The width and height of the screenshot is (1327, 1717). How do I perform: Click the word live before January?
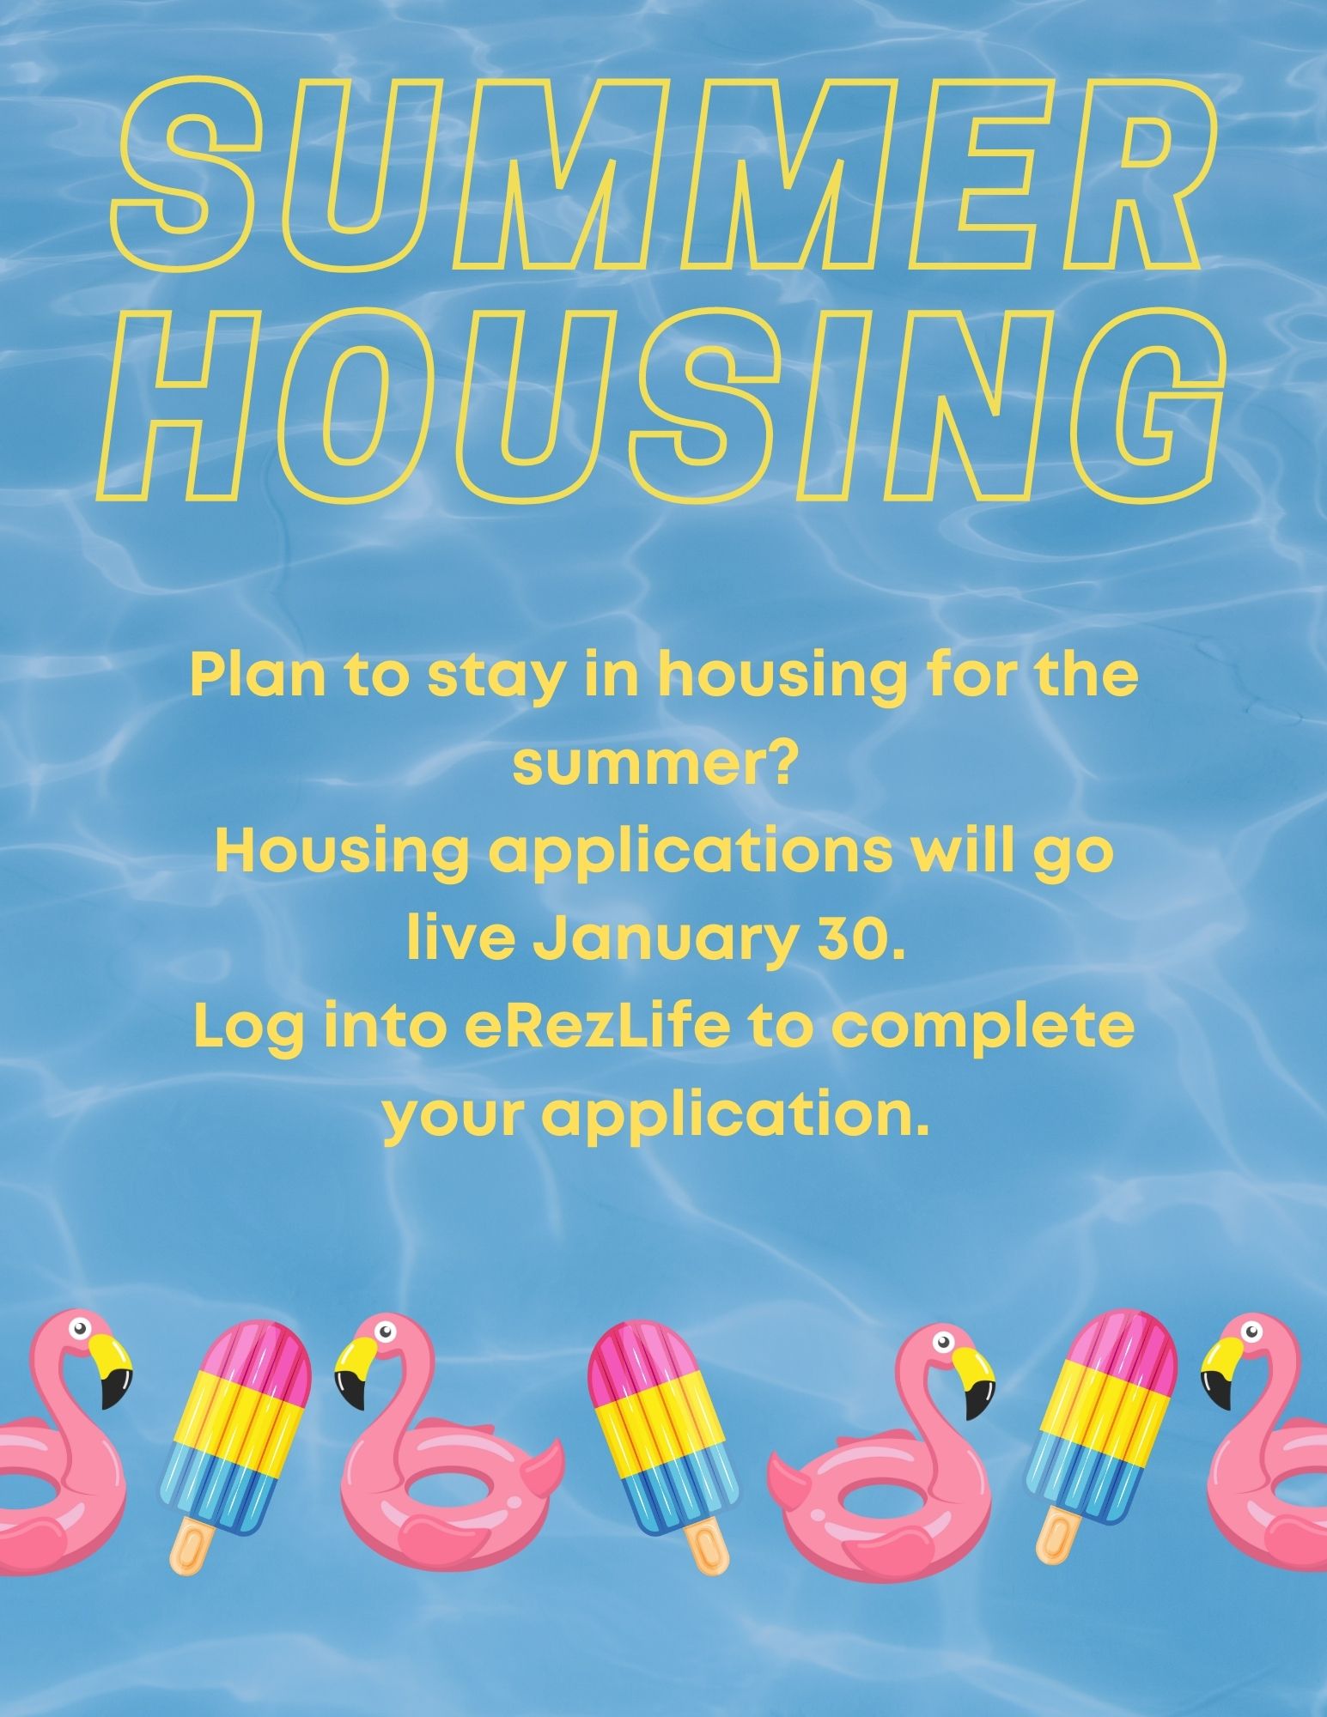point(460,942)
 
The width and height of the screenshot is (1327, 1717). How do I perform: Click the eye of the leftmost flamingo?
point(79,1329)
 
